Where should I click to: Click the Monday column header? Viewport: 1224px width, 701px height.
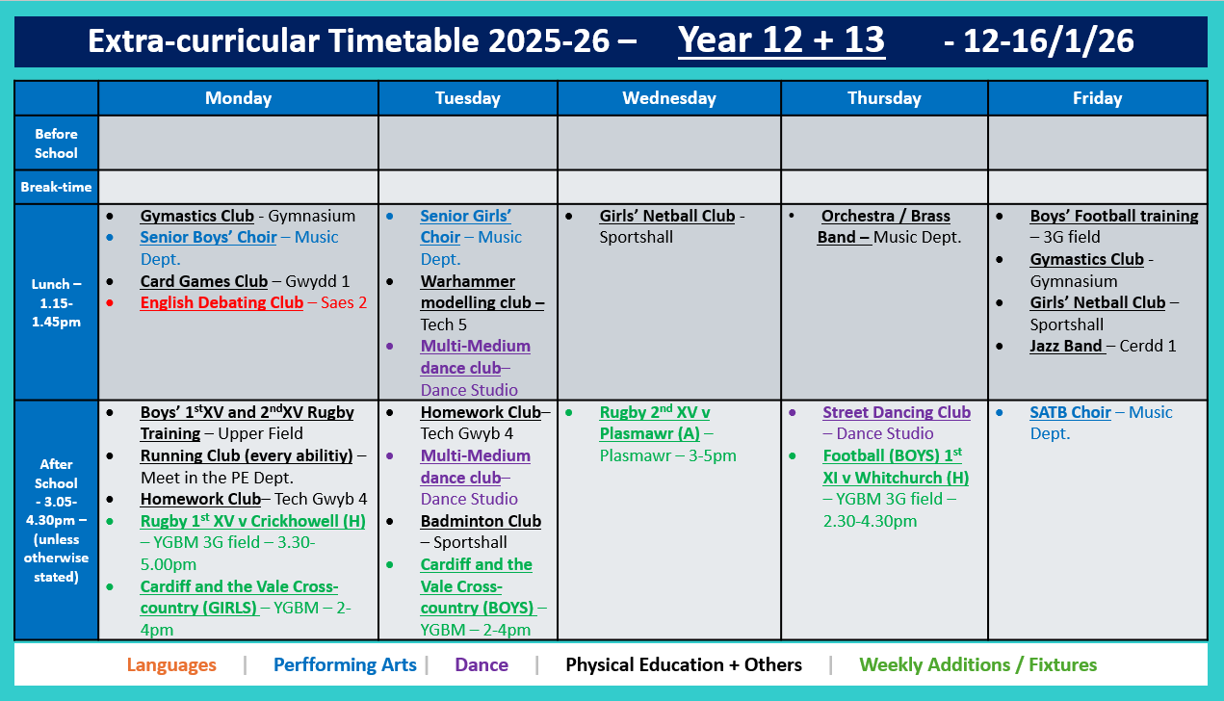[238, 98]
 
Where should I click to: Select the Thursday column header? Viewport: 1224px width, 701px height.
[884, 98]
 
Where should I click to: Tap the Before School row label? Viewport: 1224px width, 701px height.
[56, 143]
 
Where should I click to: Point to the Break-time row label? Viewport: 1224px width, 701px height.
[56, 187]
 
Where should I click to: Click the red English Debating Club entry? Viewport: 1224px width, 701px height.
[221, 302]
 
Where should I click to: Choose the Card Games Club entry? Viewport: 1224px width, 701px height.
[203, 281]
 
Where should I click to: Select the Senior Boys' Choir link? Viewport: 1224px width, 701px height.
[208, 237]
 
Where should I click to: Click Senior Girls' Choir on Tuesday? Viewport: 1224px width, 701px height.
[465, 226]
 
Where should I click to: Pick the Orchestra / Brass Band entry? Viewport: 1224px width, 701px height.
[884, 226]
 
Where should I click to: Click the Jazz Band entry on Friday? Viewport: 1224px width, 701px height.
[1067, 346]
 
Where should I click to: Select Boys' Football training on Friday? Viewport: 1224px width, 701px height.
[1113, 217]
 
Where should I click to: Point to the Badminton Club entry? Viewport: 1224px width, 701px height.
[481, 521]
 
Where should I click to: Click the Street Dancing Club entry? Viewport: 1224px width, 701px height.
[896, 412]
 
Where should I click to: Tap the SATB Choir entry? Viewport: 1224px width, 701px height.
[1070, 412]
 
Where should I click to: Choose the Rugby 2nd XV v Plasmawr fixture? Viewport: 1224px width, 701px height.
[655, 423]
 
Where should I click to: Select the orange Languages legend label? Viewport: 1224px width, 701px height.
[171, 664]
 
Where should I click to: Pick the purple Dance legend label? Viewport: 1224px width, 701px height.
[482, 664]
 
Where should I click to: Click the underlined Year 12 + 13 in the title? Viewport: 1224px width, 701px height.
[781, 40]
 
